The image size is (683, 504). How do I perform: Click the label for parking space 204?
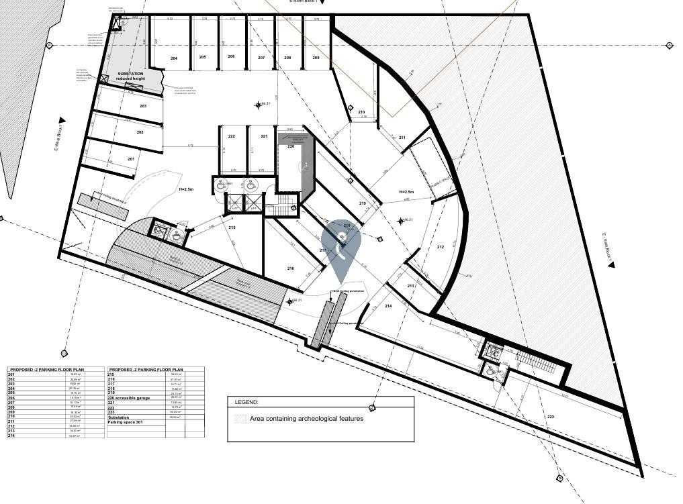[174, 58]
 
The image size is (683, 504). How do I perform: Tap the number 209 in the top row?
[316, 58]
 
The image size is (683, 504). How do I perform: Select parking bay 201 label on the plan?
[131, 159]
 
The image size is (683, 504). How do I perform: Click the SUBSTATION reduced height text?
[130, 76]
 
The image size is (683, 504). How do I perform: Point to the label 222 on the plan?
[232, 136]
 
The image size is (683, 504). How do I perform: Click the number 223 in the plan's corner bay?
[551, 417]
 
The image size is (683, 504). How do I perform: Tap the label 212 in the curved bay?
[441, 247]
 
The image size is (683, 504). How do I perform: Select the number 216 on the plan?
[290, 268]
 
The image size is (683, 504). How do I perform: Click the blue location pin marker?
[341, 248]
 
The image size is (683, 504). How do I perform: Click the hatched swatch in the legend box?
[240, 418]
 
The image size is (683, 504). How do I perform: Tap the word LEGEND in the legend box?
[246, 402]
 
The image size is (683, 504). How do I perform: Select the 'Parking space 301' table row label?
[126, 422]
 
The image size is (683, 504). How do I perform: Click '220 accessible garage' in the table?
[130, 398]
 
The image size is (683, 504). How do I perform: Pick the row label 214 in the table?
[11, 436]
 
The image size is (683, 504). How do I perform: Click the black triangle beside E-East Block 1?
[611, 265]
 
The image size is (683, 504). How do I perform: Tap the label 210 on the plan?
[361, 112]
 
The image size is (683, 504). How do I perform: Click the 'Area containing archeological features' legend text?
[306, 418]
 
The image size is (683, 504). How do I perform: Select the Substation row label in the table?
[119, 417]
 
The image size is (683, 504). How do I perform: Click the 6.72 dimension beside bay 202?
[190, 145]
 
